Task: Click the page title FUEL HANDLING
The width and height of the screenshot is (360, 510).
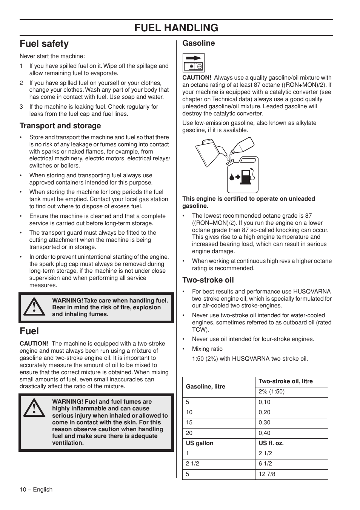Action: [x=176, y=28]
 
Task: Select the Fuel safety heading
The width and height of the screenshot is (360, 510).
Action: [x=44, y=44]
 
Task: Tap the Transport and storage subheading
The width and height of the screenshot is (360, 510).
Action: [x=60, y=126]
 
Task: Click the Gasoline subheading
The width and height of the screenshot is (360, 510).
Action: [x=198, y=43]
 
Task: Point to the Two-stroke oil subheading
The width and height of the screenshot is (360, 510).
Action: [x=208, y=280]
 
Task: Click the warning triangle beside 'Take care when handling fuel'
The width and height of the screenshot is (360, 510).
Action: [x=34, y=307]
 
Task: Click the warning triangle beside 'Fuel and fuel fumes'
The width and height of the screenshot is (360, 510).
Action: [x=34, y=408]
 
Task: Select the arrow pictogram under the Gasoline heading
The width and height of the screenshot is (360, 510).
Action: [x=194, y=62]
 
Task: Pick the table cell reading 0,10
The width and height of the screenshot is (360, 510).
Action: [x=265, y=402]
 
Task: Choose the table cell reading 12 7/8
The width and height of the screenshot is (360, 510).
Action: [x=267, y=474]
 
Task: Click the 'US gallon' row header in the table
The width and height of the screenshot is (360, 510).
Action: [x=200, y=443]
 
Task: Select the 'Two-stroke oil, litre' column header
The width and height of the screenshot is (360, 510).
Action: [x=286, y=381]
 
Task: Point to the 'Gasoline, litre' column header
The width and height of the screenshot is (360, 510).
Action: [x=205, y=387]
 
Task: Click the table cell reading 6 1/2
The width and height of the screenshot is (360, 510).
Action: [x=265, y=464]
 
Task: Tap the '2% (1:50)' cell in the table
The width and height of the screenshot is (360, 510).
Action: [x=271, y=392]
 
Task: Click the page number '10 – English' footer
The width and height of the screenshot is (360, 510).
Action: [x=36, y=490]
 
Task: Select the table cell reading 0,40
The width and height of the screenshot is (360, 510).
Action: [x=265, y=433]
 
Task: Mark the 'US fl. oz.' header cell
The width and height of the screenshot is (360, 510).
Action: [x=271, y=443]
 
